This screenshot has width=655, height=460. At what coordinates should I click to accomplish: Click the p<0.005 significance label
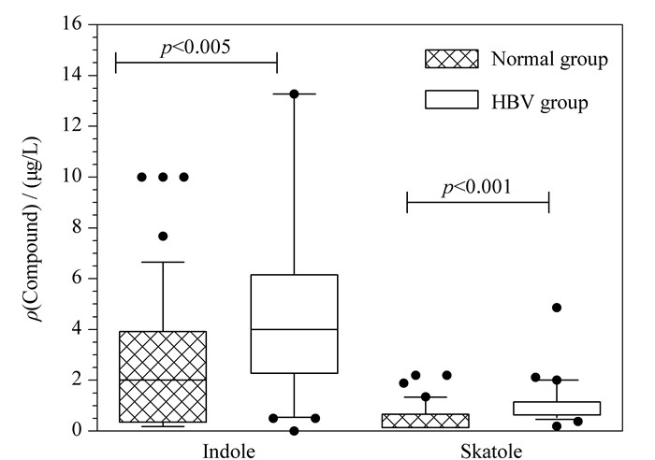point(196,48)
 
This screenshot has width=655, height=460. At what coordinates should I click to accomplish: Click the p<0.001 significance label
point(476,187)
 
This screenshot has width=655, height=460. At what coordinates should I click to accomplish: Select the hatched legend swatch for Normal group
point(452,59)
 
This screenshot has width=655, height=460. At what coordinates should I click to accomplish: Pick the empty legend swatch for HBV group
point(452,100)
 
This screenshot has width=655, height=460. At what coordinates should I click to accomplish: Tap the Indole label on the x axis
point(228,452)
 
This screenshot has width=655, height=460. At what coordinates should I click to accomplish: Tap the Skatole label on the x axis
point(491,452)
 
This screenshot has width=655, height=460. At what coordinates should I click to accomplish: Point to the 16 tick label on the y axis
point(72,23)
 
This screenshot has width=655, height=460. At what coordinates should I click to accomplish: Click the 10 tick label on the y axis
point(72,177)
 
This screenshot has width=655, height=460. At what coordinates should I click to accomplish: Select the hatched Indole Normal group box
point(163,377)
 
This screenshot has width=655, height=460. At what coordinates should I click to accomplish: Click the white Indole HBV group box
point(294,323)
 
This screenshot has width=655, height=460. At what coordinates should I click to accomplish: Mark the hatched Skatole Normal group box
point(426,421)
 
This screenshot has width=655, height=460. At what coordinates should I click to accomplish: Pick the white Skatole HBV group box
point(557,409)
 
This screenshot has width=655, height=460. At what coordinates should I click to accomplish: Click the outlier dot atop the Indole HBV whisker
point(294,93)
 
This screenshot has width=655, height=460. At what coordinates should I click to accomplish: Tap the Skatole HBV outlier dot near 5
point(557,308)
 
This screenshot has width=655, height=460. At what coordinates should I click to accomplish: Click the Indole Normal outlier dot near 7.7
point(163,237)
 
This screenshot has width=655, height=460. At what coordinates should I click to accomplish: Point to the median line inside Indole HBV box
point(294,329)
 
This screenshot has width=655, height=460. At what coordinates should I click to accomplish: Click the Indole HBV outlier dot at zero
point(294,431)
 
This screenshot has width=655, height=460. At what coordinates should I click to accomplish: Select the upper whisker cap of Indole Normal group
point(163,262)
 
